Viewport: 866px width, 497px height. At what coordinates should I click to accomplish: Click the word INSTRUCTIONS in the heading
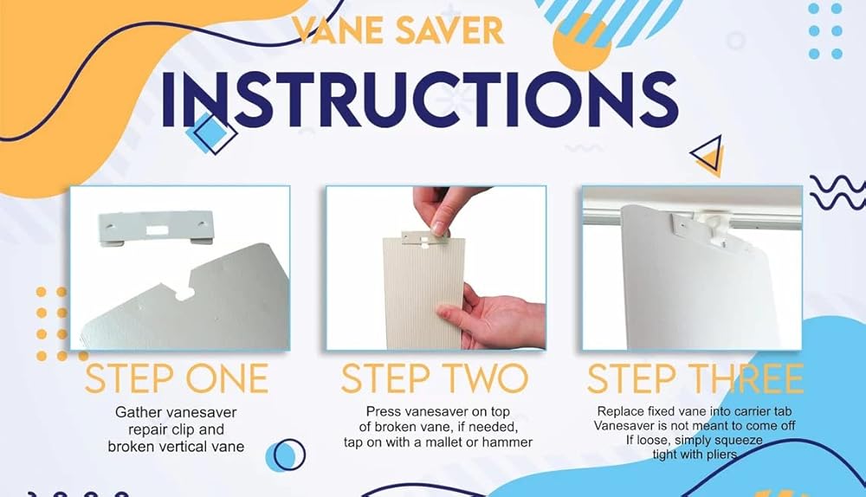pyautogui.click(x=419, y=100)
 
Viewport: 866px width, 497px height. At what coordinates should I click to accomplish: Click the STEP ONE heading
pyautogui.click(x=177, y=378)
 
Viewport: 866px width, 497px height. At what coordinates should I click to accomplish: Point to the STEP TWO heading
pyautogui.click(x=435, y=378)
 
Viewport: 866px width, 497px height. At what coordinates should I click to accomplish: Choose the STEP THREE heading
pyautogui.click(x=695, y=378)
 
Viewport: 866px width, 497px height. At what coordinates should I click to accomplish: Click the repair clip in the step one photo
pyautogui.click(x=156, y=228)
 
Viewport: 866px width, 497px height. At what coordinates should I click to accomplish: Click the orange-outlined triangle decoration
pyautogui.click(x=708, y=155)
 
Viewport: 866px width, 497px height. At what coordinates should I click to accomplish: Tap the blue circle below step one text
pyautogui.click(x=286, y=455)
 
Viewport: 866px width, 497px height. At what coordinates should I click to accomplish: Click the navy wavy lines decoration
pyautogui.click(x=837, y=192)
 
